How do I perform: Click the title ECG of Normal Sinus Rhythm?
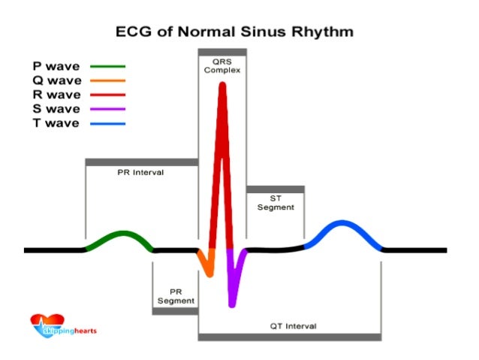pos(233,32)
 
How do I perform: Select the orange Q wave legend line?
pos(108,80)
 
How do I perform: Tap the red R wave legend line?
pos(108,95)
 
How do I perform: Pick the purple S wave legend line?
pos(108,109)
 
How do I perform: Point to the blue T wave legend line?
pos(108,123)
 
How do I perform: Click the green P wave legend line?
pos(108,66)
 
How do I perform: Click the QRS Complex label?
pos(221,65)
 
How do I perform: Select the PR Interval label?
pos(140,172)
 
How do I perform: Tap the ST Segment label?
pos(276,203)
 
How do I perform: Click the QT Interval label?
pos(293,326)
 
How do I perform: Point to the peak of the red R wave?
pos(222,84)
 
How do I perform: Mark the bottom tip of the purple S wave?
pos(232,304)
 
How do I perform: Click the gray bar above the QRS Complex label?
pos(221,51)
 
